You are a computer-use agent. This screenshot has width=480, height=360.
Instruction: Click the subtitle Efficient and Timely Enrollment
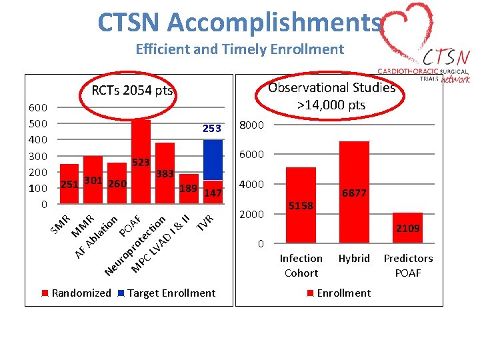click(239, 49)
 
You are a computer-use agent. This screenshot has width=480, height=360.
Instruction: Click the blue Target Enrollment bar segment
click(213, 159)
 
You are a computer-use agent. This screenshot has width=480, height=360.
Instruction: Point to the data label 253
click(211, 129)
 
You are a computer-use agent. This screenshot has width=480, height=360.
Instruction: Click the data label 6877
click(354, 193)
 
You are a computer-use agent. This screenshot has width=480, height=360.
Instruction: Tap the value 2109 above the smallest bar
click(408, 229)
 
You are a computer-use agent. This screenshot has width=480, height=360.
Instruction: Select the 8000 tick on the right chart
click(252, 125)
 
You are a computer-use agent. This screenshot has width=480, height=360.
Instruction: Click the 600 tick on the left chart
click(37, 108)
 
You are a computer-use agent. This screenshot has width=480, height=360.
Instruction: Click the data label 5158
click(301, 206)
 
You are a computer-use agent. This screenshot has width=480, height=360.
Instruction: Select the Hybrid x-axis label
click(354, 259)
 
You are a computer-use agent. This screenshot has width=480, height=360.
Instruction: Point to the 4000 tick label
click(252, 185)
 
